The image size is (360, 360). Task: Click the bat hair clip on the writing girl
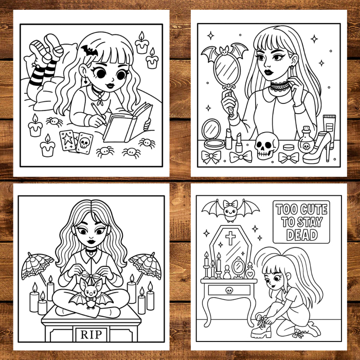coord(88,51)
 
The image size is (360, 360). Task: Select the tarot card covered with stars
coord(67,140)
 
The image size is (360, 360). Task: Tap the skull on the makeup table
coord(266,147)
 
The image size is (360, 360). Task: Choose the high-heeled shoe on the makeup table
coord(318,149)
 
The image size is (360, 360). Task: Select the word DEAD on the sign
coord(302,235)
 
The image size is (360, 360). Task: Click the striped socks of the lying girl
coord(43,72)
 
